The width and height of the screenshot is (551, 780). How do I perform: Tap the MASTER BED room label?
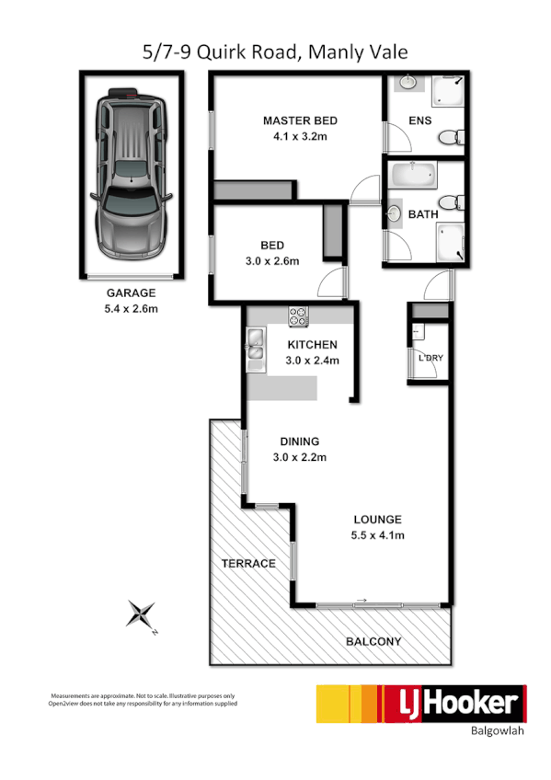tap(300, 120)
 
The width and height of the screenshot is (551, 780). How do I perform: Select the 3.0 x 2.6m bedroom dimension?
tap(271, 261)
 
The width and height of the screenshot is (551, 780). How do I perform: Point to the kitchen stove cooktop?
tap(299, 317)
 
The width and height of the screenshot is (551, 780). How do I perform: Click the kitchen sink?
tap(254, 349)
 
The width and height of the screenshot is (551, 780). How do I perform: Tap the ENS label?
tap(419, 120)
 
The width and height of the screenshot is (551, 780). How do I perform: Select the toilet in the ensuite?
tap(448, 139)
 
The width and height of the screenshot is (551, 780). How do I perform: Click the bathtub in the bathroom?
tap(413, 174)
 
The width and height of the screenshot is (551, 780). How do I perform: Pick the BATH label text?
tap(423, 214)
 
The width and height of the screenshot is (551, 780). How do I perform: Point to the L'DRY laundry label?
tap(430, 358)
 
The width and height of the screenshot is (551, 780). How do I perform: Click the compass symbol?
tap(142, 614)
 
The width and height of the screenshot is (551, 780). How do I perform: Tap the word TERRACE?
tap(248, 563)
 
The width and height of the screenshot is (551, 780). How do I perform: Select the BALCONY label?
tap(373, 642)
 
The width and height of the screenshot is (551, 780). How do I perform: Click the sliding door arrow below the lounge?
tap(361, 602)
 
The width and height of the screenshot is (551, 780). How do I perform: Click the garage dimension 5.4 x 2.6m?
tap(130, 308)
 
